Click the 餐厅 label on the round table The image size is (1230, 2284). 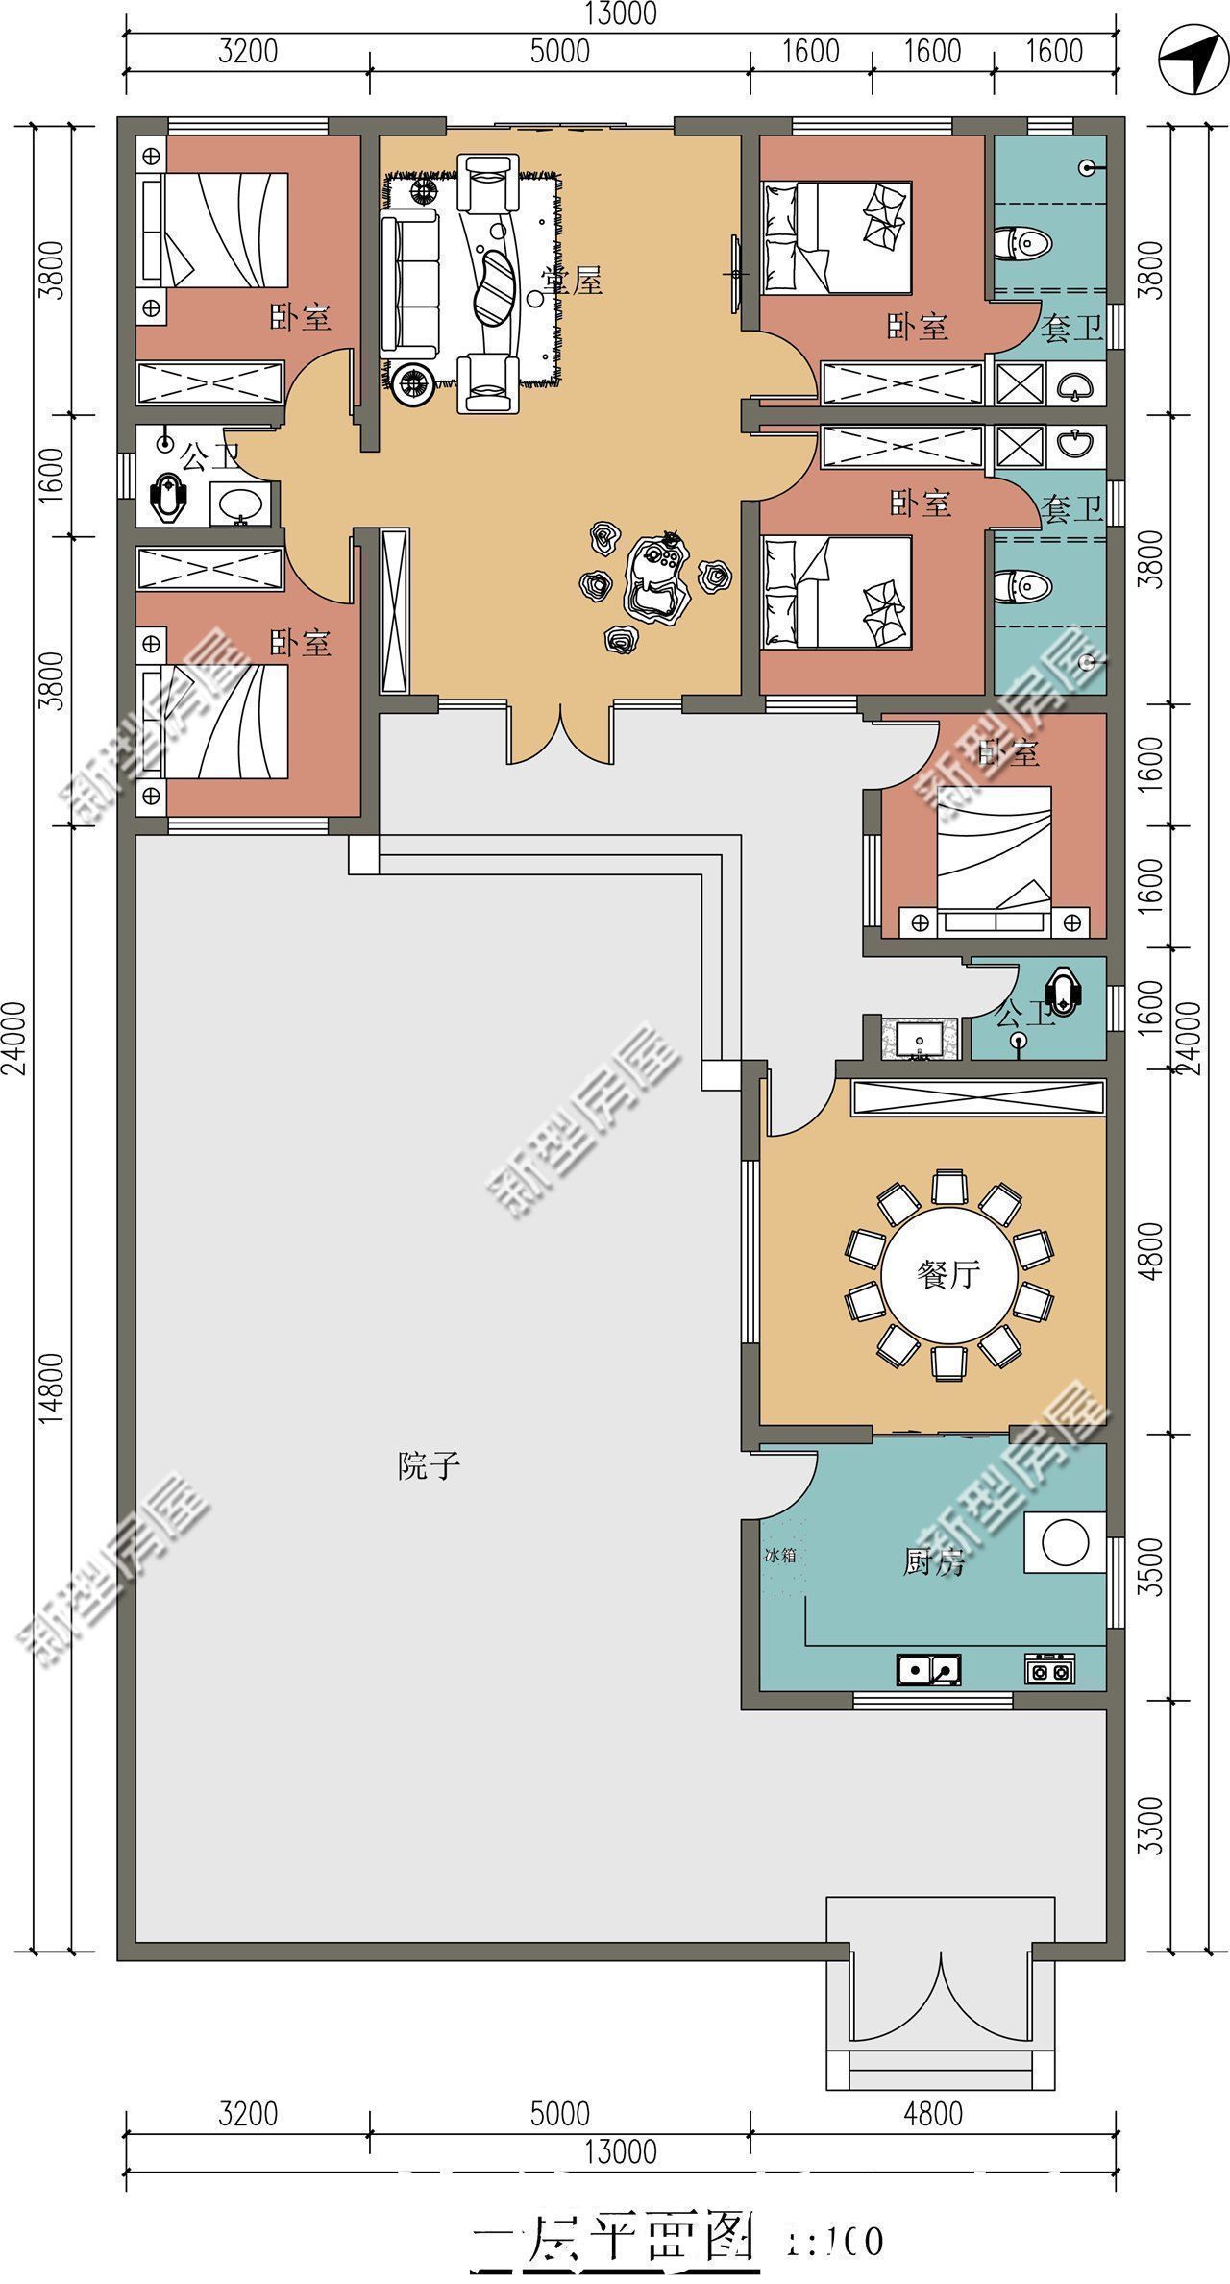(x=947, y=1275)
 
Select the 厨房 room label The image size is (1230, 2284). (x=933, y=1564)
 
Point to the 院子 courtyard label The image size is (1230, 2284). (x=429, y=1466)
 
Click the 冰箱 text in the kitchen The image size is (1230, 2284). (x=779, y=1555)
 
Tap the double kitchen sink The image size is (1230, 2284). (x=928, y=1670)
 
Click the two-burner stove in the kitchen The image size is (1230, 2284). (x=1049, y=1670)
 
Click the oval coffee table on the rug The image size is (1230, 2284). (x=496, y=287)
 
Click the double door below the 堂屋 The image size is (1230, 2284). (x=560, y=736)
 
